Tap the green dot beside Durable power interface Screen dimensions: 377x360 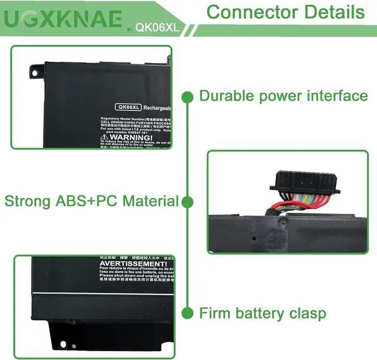pyautogui.click(x=187, y=95)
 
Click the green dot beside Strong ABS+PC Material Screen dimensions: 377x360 pyautogui.click(x=187, y=202)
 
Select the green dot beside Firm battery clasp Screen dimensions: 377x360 pyautogui.click(x=187, y=313)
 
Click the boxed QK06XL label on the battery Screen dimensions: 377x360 pyautogui.click(x=129, y=107)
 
